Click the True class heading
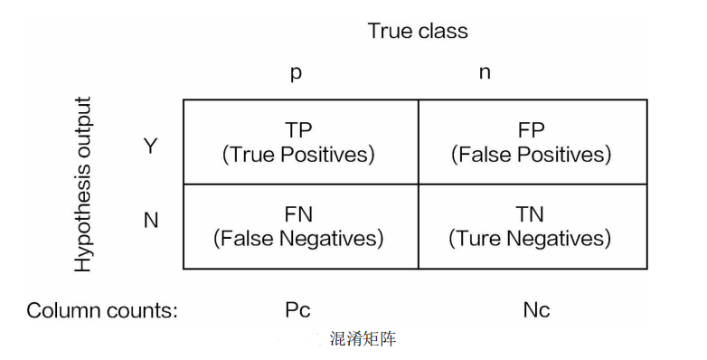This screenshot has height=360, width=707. coord(418,31)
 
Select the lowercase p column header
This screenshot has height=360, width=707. coord(296,73)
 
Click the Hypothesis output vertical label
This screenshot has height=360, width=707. coord(83,184)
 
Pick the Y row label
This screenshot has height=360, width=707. coord(151,145)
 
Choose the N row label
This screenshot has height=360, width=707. coord(151,220)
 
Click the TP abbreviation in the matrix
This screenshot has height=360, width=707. coord(298,130)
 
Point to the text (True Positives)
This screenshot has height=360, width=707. coord(298,154)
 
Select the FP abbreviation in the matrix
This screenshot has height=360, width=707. coord(532,130)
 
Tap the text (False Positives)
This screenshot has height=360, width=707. coord(532,154)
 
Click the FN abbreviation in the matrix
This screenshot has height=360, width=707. coord(298,214)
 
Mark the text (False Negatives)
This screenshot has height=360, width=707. coord(298,238)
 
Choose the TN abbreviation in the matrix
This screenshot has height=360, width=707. coord(532,214)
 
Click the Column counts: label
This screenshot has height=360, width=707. coord(102,310)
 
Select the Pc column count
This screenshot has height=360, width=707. coord(297,310)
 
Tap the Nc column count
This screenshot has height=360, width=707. coord(536,310)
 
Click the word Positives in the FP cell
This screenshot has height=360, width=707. coord(567,154)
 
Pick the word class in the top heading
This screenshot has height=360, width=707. coord(443,31)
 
